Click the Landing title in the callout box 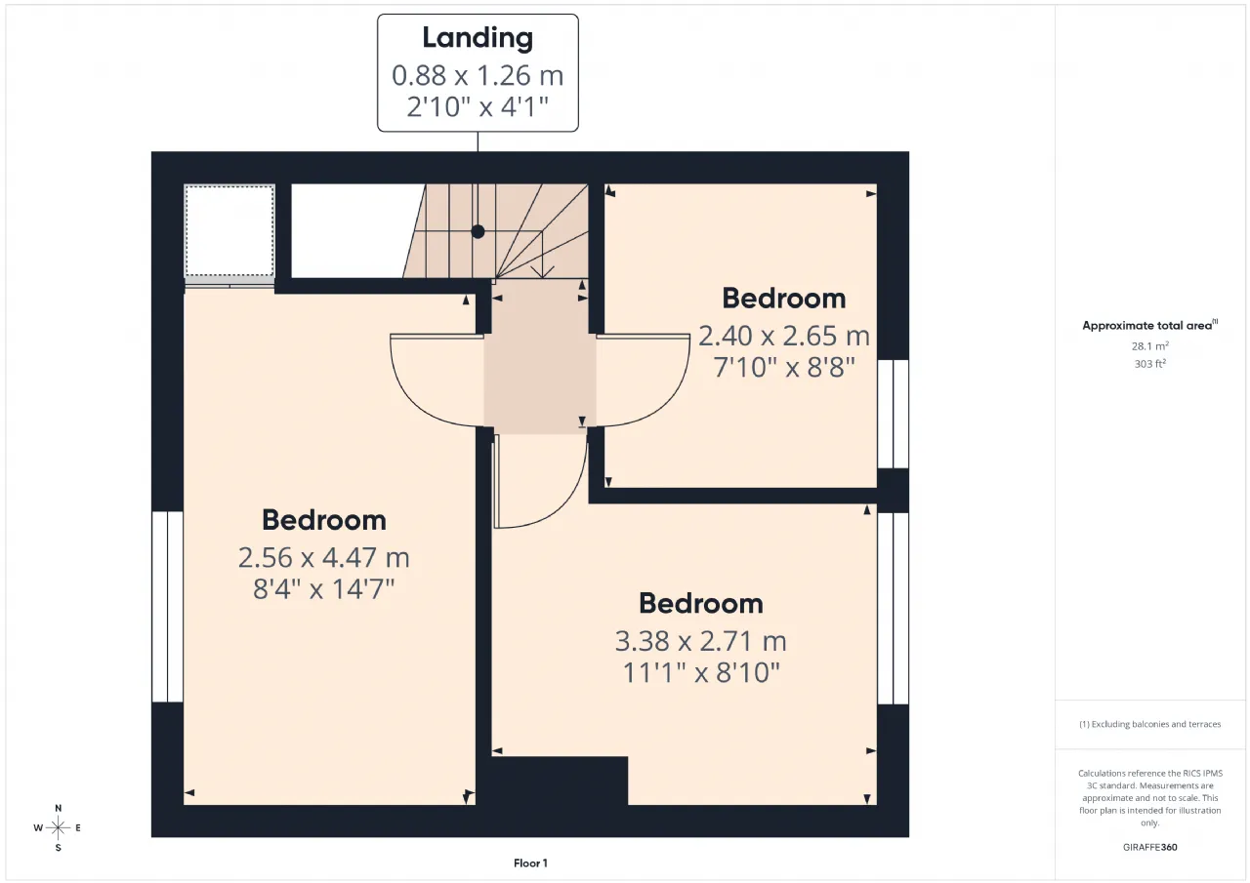(x=478, y=38)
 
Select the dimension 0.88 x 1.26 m (x=478, y=75)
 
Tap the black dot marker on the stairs (x=478, y=231)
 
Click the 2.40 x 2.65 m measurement (x=784, y=336)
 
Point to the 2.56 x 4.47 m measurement (x=323, y=557)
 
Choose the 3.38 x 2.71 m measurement (x=701, y=641)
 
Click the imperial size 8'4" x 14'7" (x=323, y=588)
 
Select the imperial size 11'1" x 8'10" (x=701, y=672)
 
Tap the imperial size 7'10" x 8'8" (x=784, y=367)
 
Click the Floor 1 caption (x=530, y=863)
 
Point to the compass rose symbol (x=58, y=827)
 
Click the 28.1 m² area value (x=1150, y=345)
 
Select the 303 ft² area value (x=1150, y=364)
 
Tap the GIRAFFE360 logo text (x=1150, y=847)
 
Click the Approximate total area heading (x=1150, y=325)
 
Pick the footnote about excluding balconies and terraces (x=1150, y=724)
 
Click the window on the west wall (x=167, y=607)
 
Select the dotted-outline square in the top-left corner (x=229, y=230)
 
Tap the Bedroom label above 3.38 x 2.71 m (x=701, y=603)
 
